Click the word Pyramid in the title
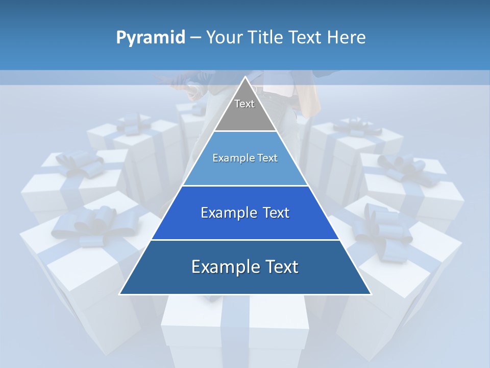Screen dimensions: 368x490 [150, 38]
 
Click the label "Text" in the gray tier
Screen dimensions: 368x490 [244, 104]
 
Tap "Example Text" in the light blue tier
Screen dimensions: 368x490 [245, 158]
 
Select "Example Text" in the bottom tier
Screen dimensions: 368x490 [245, 267]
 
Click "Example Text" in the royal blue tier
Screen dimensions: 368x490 [245, 213]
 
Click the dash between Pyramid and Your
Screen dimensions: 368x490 [195, 38]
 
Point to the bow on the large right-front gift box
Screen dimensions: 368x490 [383, 230]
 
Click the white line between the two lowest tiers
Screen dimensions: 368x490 [245, 239]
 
